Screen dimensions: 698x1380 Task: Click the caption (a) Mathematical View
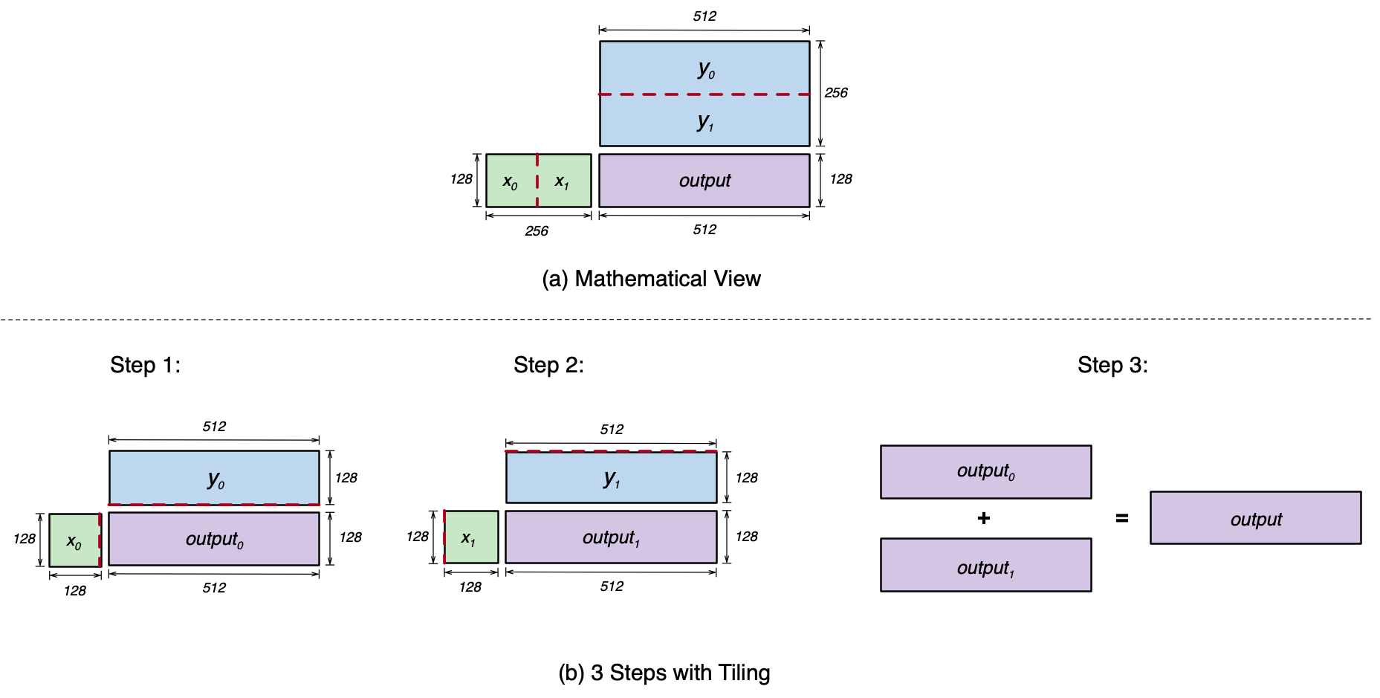tap(651, 279)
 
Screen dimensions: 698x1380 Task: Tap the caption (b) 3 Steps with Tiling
tap(664, 673)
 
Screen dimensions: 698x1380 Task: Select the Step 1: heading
tap(145, 365)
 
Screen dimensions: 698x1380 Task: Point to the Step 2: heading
tap(548, 365)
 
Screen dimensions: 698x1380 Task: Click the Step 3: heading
tap(1112, 365)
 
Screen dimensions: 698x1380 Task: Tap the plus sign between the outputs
tap(984, 518)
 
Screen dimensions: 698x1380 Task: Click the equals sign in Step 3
tap(1122, 518)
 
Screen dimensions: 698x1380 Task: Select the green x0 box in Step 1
tap(74, 540)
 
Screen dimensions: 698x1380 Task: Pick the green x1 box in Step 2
tap(471, 537)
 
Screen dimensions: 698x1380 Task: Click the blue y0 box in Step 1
tap(214, 478)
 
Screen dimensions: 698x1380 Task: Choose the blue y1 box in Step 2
tap(611, 477)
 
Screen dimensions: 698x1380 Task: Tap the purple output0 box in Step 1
tap(214, 539)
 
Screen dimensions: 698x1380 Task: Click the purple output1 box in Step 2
tap(611, 537)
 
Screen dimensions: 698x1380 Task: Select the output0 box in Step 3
tap(985, 472)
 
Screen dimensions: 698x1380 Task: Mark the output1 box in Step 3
tap(985, 565)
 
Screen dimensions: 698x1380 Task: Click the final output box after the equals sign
tap(1255, 518)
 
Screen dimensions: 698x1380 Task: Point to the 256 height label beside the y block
tap(836, 93)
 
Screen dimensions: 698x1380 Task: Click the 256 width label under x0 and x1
tap(537, 231)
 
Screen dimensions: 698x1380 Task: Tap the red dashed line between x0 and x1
tap(537, 181)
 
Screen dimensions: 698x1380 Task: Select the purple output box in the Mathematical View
tap(704, 181)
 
